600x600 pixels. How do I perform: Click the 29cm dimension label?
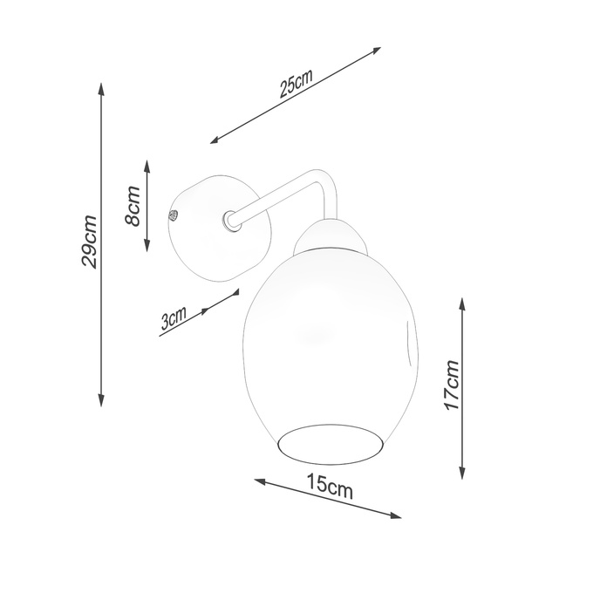tap(88, 242)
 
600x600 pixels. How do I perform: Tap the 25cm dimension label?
tap(297, 87)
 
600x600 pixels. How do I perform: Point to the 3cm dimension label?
tap(174, 319)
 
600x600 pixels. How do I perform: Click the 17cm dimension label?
tap(451, 385)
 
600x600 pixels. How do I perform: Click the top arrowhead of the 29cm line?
tap(102, 86)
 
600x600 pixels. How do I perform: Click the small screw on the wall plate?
tap(173, 213)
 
